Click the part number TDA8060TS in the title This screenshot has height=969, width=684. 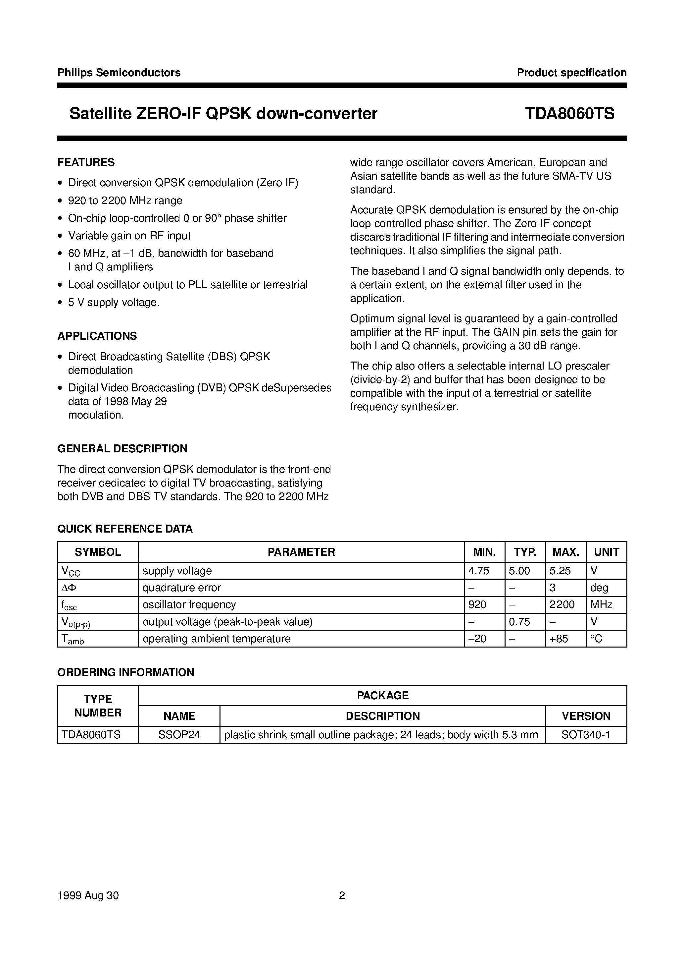click(x=569, y=114)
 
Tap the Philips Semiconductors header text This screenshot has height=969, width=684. click(x=119, y=73)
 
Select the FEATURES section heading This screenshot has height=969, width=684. click(x=86, y=162)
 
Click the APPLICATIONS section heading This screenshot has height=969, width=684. click(x=97, y=336)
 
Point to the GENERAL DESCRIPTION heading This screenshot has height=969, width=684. click(x=122, y=449)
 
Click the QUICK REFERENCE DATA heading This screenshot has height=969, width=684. click(x=125, y=529)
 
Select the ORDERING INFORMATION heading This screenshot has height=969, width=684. click(x=126, y=672)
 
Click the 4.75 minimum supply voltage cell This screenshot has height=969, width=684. click(x=479, y=571)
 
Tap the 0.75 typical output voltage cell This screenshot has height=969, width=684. click(x=519, y=622)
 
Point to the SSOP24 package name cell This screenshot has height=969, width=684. click(x=179, y=735)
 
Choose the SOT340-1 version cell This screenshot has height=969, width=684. click(x=586, y=735)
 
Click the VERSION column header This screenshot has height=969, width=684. click(x=586, y=716)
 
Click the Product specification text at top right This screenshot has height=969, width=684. click(x=571, y=73)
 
